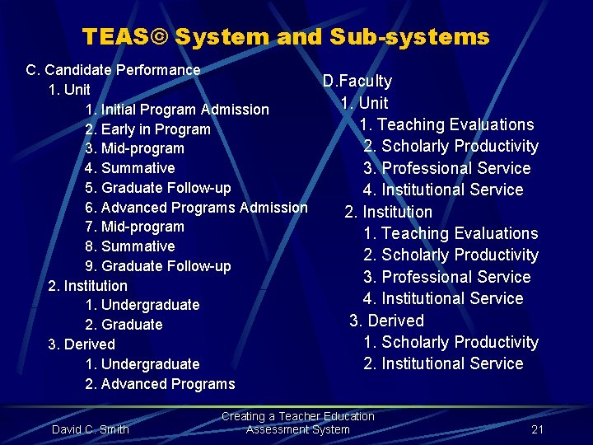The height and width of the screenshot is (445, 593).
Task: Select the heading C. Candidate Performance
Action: pos(114,70)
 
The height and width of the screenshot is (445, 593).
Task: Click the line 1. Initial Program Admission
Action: pos(177,110)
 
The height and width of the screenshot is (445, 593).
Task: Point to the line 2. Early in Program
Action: pos(148,129)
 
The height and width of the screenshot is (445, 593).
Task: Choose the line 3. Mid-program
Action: pos(135,149)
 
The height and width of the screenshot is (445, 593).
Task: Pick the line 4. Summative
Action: pos(130,168)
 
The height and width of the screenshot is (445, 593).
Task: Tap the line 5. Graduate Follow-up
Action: pos(158,188)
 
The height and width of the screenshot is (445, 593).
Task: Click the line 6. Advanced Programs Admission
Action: pos(196,208)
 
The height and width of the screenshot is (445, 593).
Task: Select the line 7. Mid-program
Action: pos(135,227)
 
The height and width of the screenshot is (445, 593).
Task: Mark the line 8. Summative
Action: pos(130,246)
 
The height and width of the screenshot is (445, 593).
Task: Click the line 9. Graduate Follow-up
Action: pos(158,266)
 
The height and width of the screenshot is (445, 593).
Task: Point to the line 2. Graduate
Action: pos(124,325)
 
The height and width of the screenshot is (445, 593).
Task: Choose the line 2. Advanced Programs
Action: pos(160,384)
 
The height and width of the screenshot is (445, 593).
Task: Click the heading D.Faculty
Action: pos(357,81)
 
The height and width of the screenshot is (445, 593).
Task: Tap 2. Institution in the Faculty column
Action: pos(388,212)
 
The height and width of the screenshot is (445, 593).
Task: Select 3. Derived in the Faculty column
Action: pos(386,321)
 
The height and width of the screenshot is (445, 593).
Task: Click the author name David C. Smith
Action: pos(91,429)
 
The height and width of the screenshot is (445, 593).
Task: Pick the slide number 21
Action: pos(538,429)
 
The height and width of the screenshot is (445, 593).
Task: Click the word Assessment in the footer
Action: pos(275,429)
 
